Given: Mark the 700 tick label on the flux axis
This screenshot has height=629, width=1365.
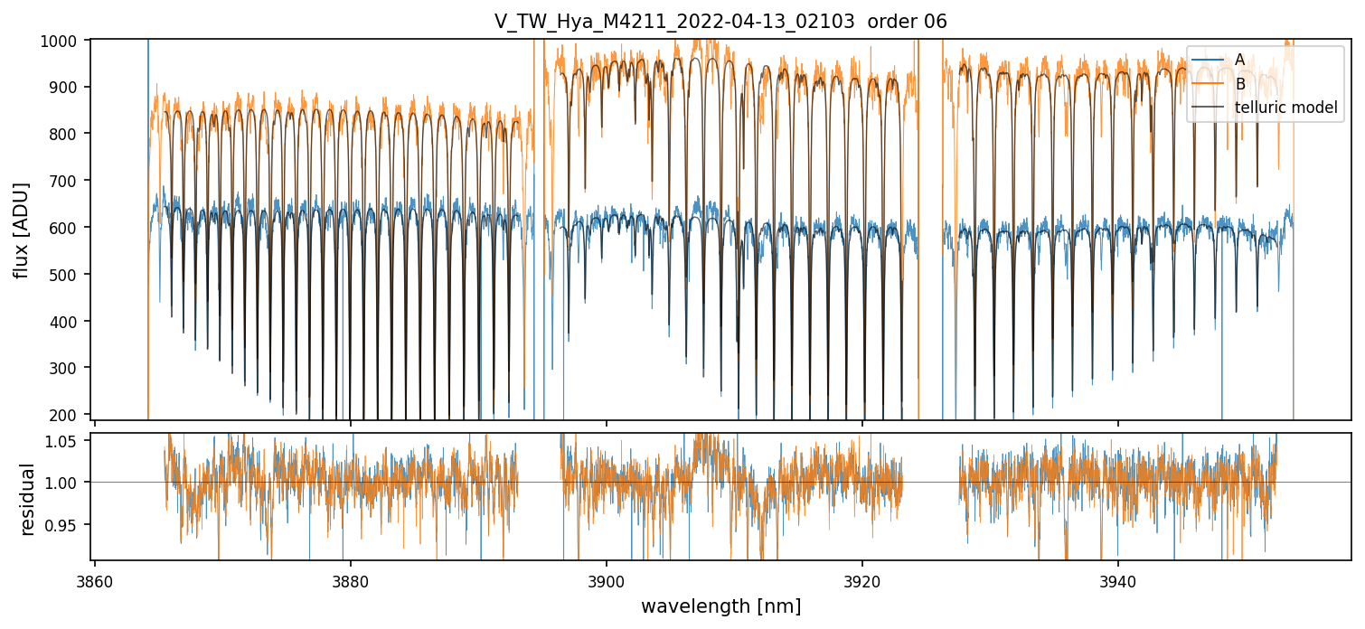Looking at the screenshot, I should (x=70, y=181).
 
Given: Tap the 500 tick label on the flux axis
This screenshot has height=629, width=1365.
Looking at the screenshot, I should (x=70, y=275).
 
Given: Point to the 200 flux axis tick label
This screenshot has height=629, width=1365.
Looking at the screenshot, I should (x=70, y=415).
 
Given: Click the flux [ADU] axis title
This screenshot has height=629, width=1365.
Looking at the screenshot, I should (x=21, y=230).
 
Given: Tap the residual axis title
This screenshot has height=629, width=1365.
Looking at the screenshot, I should (x=27, y=499).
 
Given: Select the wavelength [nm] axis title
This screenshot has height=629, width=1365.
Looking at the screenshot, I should (x=720, y=606).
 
